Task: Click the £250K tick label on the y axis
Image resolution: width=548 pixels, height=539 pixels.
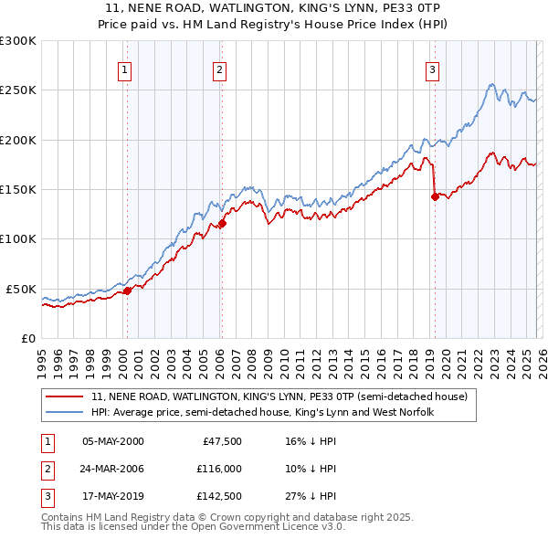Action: (18, 90)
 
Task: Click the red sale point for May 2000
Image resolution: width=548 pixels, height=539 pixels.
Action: (128, 291)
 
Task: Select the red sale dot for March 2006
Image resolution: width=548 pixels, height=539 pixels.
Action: (222, 223)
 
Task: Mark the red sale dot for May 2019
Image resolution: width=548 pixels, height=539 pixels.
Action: (435, 196)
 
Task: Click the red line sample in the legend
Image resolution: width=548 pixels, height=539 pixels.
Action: (65, 397)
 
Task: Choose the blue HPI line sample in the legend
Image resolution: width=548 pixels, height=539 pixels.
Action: (65, 413)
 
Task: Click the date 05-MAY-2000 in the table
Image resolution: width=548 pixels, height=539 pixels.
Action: (113, 441)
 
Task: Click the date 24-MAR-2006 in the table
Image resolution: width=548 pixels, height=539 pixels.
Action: (113, 469)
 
